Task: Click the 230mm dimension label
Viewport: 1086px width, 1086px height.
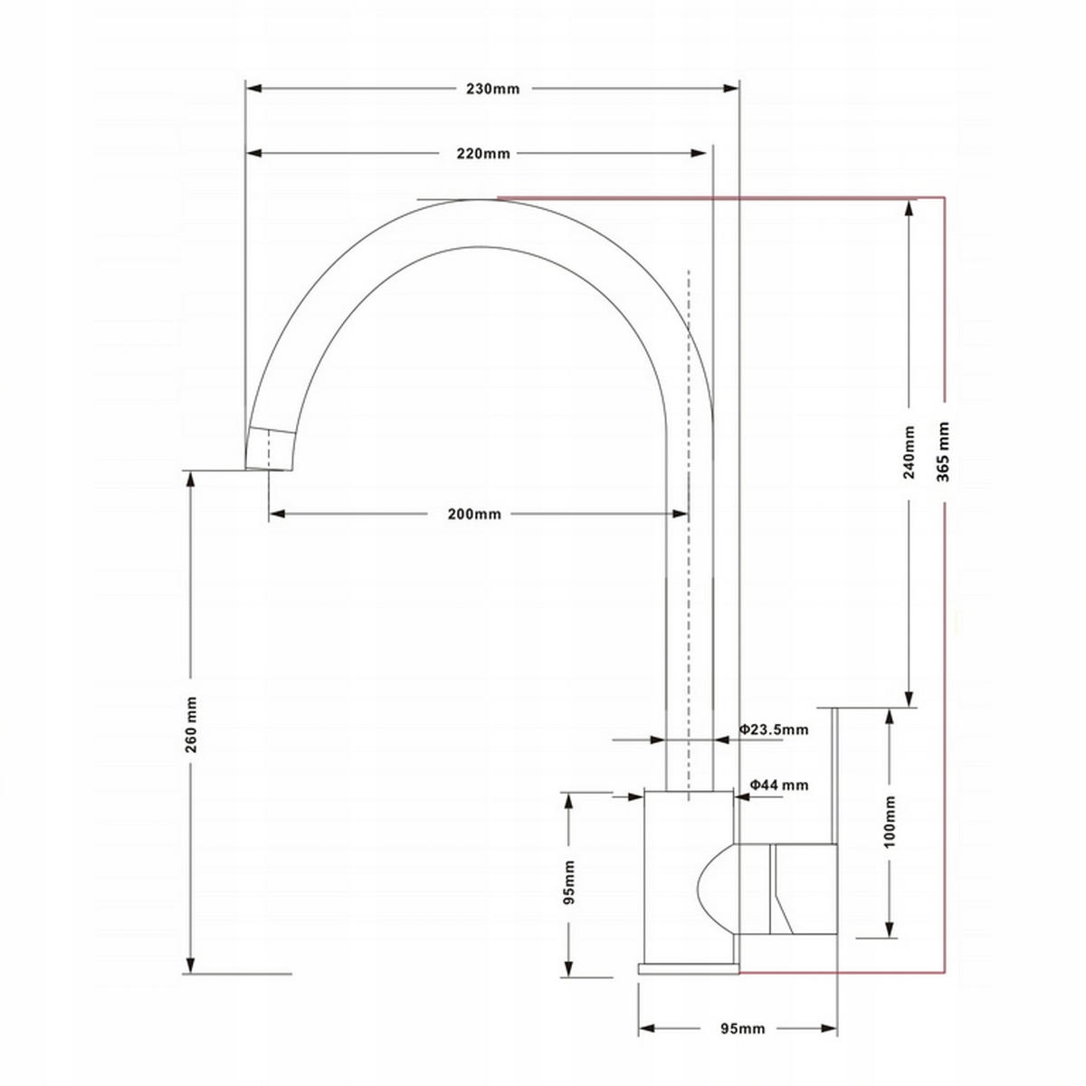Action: point(493,89)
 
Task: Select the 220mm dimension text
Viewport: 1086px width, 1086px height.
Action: point(483,154)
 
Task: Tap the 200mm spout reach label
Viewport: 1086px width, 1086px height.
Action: point(474,514)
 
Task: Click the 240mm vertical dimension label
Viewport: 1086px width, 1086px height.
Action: point(910,452)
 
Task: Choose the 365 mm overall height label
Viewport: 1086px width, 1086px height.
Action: point(944,451)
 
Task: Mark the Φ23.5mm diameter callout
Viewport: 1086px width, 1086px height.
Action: point(773,729)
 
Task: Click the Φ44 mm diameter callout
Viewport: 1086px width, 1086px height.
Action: point(778,786)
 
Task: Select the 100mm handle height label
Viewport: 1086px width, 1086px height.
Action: point(890,821)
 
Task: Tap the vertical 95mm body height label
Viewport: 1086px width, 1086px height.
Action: point(568,882)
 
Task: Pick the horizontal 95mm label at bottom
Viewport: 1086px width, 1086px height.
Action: point(742,1029)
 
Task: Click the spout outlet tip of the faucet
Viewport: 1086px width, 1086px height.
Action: point(270,450)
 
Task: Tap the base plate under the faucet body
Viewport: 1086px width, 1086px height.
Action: point(688,968)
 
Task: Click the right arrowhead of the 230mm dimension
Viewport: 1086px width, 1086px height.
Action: point(733,89)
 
